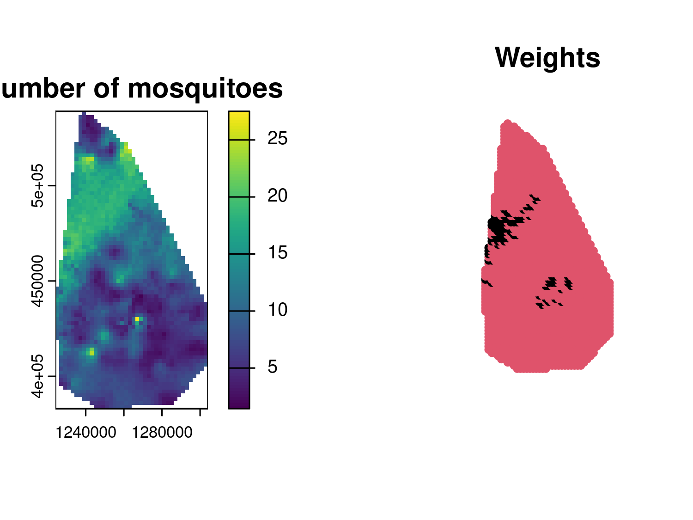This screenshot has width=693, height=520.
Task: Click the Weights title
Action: (547, 58)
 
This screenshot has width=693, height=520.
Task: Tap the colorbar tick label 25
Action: (277, 138)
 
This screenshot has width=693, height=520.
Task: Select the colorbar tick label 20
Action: (277, 196)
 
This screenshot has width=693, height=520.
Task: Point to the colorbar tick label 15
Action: (277, 252)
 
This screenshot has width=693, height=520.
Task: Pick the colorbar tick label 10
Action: (277, 310)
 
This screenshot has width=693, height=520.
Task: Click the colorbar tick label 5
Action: (273, 367)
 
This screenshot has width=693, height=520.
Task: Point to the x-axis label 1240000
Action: (86, 433)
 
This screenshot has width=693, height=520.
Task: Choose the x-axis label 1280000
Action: (162, 433)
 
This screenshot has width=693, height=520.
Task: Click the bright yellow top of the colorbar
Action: (239, 116)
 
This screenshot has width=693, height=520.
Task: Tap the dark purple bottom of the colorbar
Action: (239, 404)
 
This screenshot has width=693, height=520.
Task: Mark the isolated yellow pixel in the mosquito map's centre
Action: (137, 318)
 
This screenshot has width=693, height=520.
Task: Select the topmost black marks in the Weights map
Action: (535, 199)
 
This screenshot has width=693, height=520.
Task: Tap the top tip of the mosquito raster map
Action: (84, 113)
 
